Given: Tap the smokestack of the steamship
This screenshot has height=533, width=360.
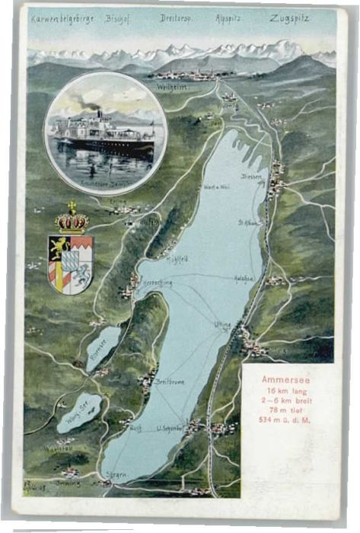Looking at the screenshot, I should pyautogui.click(x=99, y=115).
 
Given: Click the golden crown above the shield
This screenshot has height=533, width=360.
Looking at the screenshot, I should pyautogui.click(x=72, y=221).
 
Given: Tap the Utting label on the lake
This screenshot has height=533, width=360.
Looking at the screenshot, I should pyautogui.click(x=222, y=324).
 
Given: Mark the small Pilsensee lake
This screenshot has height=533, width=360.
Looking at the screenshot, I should pyautogui.click(x=103, y=347).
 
